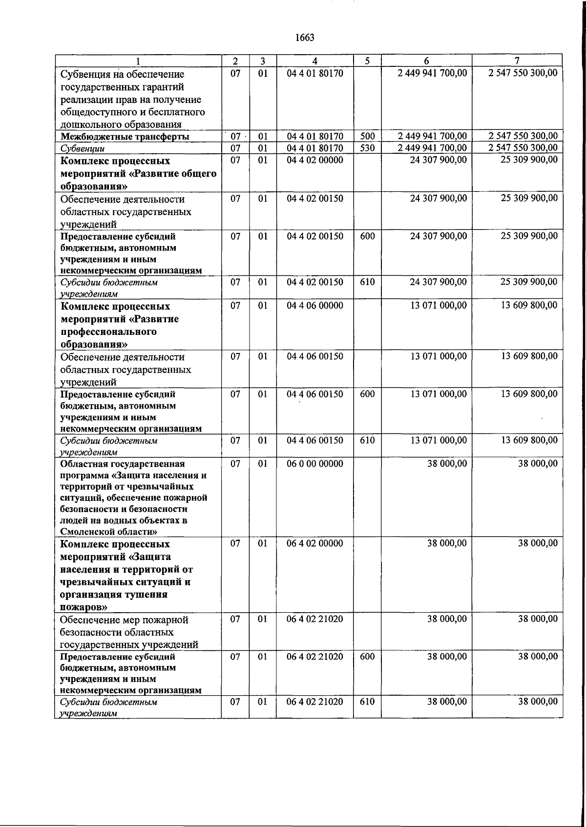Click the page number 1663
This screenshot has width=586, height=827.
pos(305,38)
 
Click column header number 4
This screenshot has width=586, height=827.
pos(315,61)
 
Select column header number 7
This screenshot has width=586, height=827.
pos(517,61)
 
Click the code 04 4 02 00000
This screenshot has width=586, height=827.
pos(315,160)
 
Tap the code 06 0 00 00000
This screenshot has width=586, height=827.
pos(315,463)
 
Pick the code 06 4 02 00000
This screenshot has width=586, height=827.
pos(315,543)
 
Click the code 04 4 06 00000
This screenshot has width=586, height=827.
pos(315,306)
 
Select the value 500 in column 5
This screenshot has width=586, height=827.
pos(367,136)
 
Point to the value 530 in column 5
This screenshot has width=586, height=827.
pos(367,148)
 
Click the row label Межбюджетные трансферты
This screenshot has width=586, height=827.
pos(125,137)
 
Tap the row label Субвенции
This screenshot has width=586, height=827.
pos(82,148)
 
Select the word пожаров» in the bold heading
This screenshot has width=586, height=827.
pos(84,607)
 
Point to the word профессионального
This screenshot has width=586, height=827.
pos(108,332)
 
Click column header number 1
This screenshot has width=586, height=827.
pos(138,61)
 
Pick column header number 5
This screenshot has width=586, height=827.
pos(367,61)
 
